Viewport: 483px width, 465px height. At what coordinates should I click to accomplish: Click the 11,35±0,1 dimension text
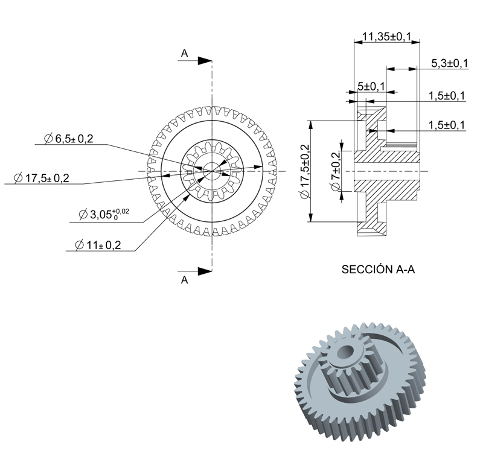click(x=386, y=37)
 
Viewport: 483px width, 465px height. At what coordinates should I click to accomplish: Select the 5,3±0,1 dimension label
click(x=449, y=63)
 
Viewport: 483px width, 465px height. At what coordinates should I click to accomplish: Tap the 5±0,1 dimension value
click(x=371, y=86)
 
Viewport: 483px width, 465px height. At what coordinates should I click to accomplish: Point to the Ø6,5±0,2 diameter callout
click(x=68, y=139)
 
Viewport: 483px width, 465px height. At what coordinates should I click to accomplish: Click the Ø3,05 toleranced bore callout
click(x=104, y=214)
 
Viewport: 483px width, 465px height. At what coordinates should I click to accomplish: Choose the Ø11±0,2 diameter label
click(x=98, y=245)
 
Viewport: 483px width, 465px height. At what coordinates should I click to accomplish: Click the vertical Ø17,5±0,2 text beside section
click(x=305, y=171)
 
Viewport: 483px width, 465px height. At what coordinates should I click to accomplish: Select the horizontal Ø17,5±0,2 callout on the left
click(x=42, y=178)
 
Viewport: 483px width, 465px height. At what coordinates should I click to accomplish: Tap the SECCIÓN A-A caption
click(x=378, y=269)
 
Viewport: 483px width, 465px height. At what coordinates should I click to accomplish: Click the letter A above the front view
click(x=184, y=54)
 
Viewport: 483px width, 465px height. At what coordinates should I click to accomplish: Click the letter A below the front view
click(x=184, y=280)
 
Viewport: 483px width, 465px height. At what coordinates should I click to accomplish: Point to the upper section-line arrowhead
click(x=205, y=61)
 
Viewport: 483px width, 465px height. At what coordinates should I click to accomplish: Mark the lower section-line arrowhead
click(x=205, y=271)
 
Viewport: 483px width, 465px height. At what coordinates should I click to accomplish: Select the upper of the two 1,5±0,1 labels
click(x=447, y=96)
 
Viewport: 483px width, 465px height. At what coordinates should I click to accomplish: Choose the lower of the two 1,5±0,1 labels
click(x=447, y=125)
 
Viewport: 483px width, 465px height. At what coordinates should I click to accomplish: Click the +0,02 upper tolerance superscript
click(x=121, y=211)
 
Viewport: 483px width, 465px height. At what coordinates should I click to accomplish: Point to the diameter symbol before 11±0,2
click(x=80, y=245)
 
